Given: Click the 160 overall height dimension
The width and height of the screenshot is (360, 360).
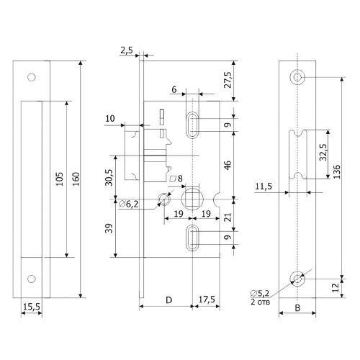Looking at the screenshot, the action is pos(76,179).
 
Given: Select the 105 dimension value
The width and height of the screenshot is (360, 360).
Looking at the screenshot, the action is pos(59,179).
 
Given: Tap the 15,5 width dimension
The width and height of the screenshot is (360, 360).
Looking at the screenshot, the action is pos(32,307).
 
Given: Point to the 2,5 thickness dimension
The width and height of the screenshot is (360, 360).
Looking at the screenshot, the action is pos(127,50).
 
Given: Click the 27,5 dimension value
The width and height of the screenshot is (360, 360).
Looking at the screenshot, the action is pos(228,80).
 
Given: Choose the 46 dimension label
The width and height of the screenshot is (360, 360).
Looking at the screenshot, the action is pos(228,165).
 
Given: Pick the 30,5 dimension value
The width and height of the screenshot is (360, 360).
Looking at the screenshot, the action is pos(109,177).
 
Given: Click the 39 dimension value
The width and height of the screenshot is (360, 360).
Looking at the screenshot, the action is pos(109,228).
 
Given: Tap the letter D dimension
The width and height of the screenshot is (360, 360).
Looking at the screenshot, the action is pos(169,300).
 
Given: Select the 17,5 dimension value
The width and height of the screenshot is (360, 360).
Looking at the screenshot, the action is pos(207,300).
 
